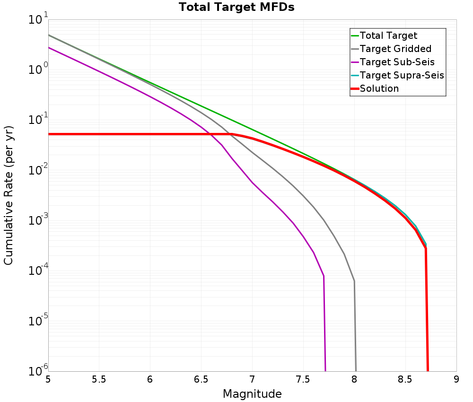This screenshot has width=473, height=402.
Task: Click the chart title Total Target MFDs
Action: (x=236, y=8)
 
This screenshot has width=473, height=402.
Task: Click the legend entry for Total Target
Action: (x=388, y=35)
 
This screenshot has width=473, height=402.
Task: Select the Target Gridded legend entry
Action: (x=395, y=49)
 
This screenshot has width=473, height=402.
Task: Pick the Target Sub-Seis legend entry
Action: (x=397, y=62)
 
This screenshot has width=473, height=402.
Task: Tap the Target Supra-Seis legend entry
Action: (x=402, y=75)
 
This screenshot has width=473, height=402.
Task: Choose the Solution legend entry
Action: (x=379, y=88)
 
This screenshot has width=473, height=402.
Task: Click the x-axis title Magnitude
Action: (x=252, y=394)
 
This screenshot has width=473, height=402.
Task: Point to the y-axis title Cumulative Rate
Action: (x=9, y=195)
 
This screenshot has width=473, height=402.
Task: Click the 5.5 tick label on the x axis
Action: (x=99, y=379)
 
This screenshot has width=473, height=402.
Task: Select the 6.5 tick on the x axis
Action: (x=201, y=379)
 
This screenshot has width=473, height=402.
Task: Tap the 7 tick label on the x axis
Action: (x=252, y=379)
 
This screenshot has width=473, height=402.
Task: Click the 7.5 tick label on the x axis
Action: (x=303, y=379)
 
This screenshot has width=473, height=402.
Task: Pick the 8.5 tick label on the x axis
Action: (x=405, y=379)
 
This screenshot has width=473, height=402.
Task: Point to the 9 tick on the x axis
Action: (x=456, y=379)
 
